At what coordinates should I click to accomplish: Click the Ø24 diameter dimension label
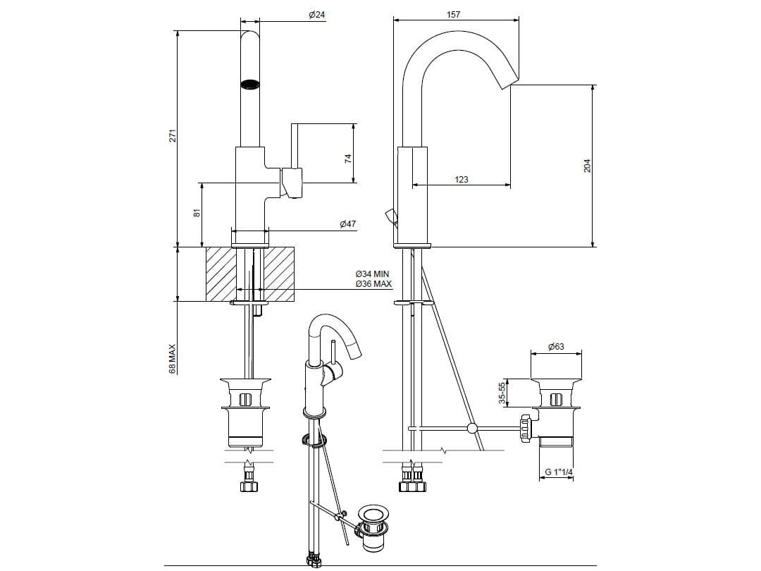[x=317, y=16]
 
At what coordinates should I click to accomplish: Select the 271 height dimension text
[x=172, y=136]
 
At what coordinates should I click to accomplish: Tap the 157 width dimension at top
[x=454, y=15]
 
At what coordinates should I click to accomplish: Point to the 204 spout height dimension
[x=587, y=166]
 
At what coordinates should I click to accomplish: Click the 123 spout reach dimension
[x=461, y=180]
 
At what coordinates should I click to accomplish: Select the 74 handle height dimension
[x=347, y=159]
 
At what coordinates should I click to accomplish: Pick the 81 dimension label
[x=198, y=211]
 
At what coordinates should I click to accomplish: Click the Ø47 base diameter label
[x=347, y=224]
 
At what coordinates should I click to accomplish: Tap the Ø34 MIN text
[x=372, y=274]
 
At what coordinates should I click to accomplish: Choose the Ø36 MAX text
[x=373, y=283]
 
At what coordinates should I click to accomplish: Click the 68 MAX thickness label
[x=172, y=358]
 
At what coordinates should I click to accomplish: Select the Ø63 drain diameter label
[x=556, y=347]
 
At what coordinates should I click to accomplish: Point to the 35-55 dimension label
[x=502, y=393]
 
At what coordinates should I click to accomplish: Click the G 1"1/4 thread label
[x=556, y=474]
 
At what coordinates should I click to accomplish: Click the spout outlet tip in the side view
[x=509, y=80]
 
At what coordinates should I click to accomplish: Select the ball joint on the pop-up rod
[x=472, y=428]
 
